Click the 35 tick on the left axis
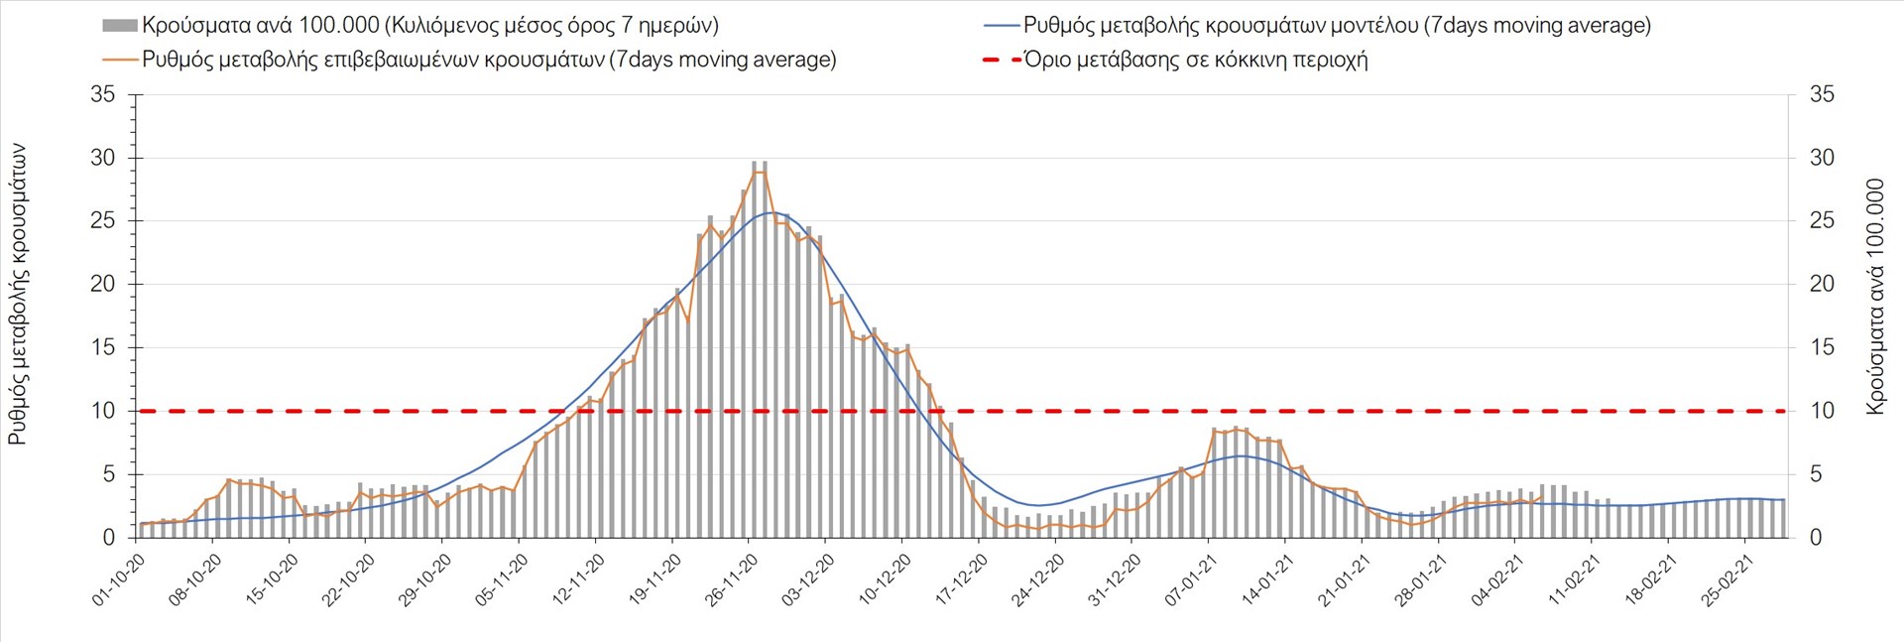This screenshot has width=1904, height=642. click(103, 94)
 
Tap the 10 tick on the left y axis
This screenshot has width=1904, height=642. click(103, 411)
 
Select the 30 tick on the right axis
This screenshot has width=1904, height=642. click(1822, 158)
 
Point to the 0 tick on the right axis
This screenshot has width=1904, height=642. click(1816, 538)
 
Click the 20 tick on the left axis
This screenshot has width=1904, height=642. click(103, 284)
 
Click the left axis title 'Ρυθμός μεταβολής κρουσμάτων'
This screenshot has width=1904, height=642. click(18, 294)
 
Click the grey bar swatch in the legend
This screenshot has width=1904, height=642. click(119, 25)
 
